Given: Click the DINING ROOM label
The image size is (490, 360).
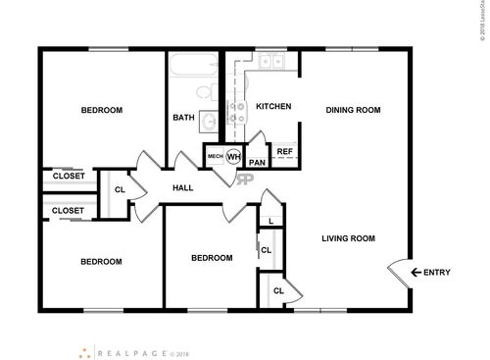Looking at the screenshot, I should [x=353, y=110].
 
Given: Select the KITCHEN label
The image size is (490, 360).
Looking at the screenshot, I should [x=273, y=106].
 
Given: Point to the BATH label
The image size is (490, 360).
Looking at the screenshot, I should [x=184, y=118].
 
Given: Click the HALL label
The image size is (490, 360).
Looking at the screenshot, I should [x=183, y=187].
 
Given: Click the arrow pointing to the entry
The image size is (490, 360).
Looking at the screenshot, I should [x=416, y=272].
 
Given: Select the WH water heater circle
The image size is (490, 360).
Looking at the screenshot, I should [x=233, y=156].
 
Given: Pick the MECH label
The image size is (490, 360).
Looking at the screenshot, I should [x=215, y=156].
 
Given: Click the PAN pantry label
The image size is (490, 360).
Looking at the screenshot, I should [x=258, y=163].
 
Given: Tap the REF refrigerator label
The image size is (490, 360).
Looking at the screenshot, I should [x=284, y=151].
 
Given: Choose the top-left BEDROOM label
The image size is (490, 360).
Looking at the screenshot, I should [x=102, y=110].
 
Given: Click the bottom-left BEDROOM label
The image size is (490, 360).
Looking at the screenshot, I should [x=101, y=261].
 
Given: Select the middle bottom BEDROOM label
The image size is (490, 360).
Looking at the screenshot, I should [x=212, y=258].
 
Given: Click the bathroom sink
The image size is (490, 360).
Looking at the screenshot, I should [x=210, y=122].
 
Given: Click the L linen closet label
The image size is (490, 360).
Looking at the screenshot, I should [x=270, y=220].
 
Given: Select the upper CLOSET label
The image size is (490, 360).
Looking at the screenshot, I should [x=68, y=177].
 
